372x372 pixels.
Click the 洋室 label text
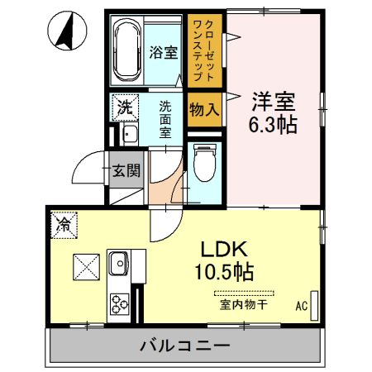(x=274, y=103)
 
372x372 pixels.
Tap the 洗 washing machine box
(x=123, y=107)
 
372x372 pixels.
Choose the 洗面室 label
(x=165, y=118)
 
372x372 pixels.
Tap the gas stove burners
(x=119, y=303)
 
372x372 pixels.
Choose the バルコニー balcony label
(x=184, y=345)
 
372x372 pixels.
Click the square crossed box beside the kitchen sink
(x=87, y=266)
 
